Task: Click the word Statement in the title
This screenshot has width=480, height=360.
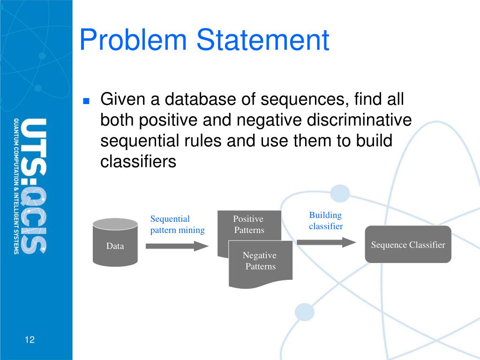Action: [263, 40]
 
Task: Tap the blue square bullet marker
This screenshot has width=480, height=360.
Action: [86, 101]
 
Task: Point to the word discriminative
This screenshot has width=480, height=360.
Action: [359, 120]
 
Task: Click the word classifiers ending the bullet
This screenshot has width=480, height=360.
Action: [138, 161]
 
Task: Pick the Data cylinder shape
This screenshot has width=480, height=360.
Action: [115, 243]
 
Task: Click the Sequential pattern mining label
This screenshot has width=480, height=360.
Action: [177, 225]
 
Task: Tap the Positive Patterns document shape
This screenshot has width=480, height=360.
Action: [249, 225]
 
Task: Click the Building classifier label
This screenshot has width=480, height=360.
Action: [326, 221]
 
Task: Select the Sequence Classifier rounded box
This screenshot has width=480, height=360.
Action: [408, 244]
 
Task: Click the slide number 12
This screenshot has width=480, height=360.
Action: [30, 340]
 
